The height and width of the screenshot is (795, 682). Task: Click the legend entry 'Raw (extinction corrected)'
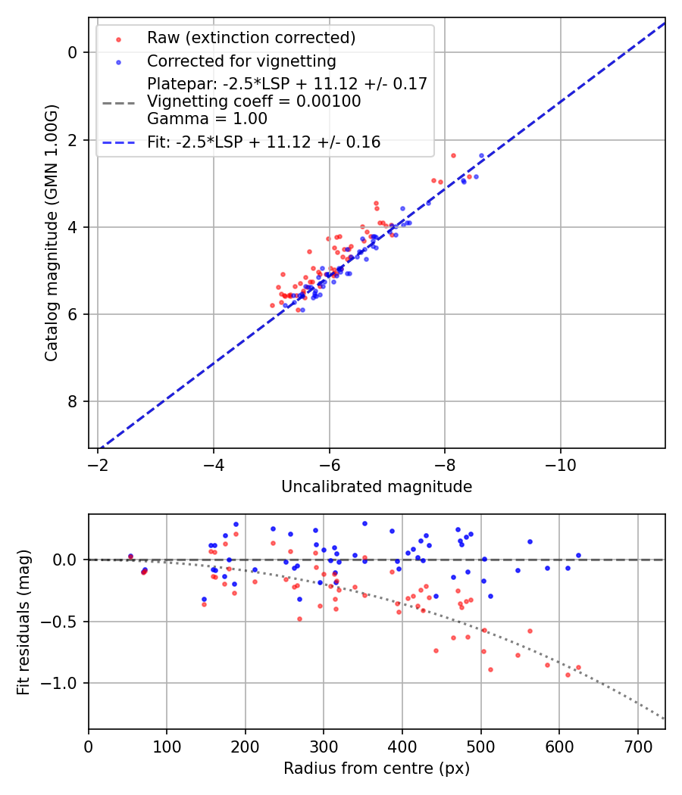point(251,38)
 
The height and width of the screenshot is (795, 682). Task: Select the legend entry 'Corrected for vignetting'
point(241,61)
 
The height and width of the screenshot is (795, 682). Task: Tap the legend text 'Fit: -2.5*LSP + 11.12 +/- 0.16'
point(264,142)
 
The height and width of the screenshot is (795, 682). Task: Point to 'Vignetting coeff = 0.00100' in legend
point(254,101)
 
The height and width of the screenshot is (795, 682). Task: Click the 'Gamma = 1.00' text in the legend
point(207,118)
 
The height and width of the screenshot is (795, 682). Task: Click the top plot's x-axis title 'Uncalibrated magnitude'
point(377,487)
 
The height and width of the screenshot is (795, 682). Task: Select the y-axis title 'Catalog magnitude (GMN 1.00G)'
point(51,232)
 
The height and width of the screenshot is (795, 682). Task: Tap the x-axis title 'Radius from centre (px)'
point(377,768)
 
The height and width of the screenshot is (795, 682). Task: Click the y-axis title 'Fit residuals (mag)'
point(23,622)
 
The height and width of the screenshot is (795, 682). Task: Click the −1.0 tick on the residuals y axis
point(63,684)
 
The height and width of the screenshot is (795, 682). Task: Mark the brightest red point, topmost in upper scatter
point(453,155)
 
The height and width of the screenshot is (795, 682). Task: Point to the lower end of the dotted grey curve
point(665,719)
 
